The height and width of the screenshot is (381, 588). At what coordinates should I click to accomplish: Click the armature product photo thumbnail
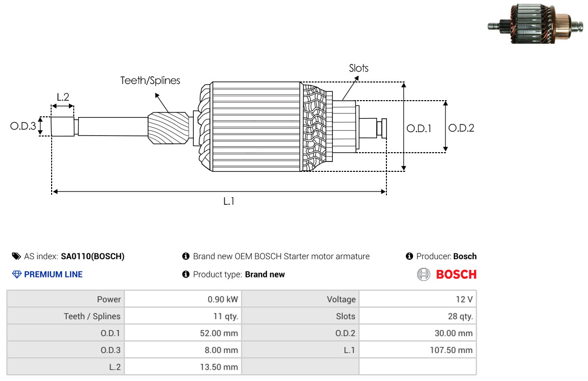[x=535, y=24]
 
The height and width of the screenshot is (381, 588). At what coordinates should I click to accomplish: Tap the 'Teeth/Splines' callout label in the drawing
[x=150, y=81]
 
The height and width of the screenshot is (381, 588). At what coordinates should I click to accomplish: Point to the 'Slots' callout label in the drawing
[x=358, y=68]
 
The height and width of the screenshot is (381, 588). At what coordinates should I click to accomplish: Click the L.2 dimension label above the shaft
[x=63, y=97]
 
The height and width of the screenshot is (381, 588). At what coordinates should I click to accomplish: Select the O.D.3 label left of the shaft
[x=23, y=126]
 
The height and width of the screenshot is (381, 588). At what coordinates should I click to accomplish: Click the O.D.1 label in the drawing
[x=419, y=129]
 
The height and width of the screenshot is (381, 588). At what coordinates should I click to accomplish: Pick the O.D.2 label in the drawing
[x=461, y=128]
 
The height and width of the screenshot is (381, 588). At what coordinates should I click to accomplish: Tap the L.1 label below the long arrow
[x=229, y=202]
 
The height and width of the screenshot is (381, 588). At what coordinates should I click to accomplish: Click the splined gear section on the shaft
[x=168, y=128]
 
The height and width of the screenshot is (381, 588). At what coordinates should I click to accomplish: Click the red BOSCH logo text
[x=456, y=274]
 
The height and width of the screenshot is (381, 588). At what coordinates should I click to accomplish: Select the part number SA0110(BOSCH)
[x=92, y=256]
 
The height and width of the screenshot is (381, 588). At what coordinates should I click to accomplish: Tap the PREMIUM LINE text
[x=53, y=274]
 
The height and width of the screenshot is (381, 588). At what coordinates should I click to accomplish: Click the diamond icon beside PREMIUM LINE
[x=17, y=274]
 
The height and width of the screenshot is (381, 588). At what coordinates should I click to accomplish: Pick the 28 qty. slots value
[x=461, y=316]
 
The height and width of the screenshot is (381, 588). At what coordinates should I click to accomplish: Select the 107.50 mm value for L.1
[x=451, y=350]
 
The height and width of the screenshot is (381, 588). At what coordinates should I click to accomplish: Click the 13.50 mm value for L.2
[x=219, y=367]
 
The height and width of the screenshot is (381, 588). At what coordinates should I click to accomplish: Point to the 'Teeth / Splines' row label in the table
[x=92, y=316]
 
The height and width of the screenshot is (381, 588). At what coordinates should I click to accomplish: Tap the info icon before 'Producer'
[x=410, y=256]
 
